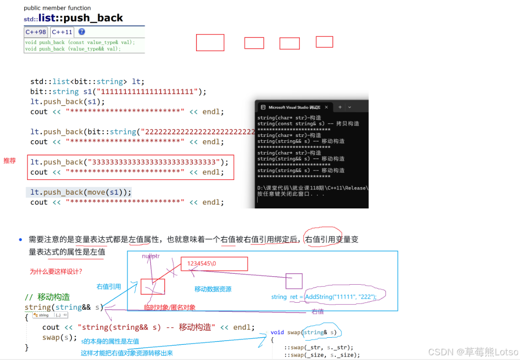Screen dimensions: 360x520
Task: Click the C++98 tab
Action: pos(36,32)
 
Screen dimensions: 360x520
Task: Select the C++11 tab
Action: pos(62,32)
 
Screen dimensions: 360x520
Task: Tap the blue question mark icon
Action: pos(81,32)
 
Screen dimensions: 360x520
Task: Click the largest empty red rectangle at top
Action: pos(210,43)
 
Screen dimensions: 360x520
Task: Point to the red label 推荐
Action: pos(10,161)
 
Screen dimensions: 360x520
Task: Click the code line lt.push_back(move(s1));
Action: pos(79,192)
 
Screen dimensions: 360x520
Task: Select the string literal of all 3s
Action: pos(154,162)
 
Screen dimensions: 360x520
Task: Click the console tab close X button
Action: pos(326,108)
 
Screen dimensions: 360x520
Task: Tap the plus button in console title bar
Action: pos(340,108)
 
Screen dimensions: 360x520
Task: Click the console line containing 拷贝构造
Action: pos(308,124)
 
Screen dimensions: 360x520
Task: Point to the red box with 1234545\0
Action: pos(214,264)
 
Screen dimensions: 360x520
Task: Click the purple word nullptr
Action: pos(151,256)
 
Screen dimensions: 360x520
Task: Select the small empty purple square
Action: pos(294,281)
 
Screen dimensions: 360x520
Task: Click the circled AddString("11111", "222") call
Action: pos(341,297)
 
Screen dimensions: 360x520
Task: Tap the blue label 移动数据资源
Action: pos(213,289)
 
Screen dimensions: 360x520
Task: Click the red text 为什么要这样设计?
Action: pos(56,271)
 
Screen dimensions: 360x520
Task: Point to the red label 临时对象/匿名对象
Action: pos(170,307)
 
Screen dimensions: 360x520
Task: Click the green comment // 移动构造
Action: pos(47,297)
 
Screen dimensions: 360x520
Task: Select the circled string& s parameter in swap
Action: pos(321,333)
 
